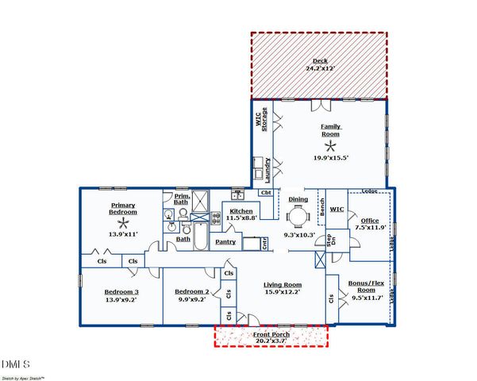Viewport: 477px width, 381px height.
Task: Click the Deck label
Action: coord(319,60)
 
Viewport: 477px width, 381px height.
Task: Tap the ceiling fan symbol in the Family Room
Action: coord(330,146)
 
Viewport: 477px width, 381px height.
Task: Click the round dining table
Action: coord(298,217)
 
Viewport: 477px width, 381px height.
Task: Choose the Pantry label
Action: coord(226,241)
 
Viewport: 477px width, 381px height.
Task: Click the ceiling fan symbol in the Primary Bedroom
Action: coord(123,223)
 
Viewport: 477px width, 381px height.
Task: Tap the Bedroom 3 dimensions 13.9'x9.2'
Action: coord(121,300)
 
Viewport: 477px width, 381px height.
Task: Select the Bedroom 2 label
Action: coord(191,291)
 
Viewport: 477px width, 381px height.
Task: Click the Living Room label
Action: coord(283,285)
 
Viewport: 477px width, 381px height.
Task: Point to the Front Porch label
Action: coord(271,336)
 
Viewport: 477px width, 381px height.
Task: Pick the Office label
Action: coord(370,220)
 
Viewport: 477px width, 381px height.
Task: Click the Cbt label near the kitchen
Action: coord(266,193)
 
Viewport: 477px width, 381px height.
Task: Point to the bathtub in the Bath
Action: coord(200,236)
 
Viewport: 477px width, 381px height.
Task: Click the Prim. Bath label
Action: coord(182,199)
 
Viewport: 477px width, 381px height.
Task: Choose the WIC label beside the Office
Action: coord(337,210)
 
